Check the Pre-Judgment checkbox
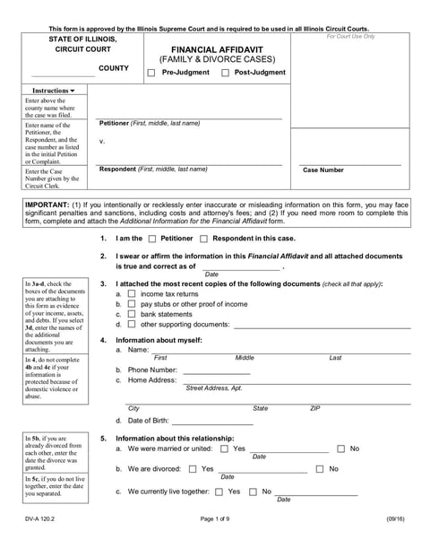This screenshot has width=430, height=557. pyautogui.click(x=151, y=73)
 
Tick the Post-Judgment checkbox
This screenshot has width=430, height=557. pyautogui.click(x=225, y=73)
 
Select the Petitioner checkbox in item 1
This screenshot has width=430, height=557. pyautogui.click(x=151, y=239)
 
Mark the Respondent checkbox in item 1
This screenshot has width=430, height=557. pyautogui.click(x=204, y=239)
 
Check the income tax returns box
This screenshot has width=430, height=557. pyautogui.click(x=132, y=294)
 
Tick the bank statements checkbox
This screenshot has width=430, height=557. pyautogui.click(x=132, y=314)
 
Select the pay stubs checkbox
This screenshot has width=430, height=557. pyautogui.click(x=132, y=304)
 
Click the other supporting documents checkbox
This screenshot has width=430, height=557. pyautogui.click(x=132, y=324)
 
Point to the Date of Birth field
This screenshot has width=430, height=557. pyautogui.click(x=213, y=421)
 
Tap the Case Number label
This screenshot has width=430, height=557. pyautogui.click(x=323, y=170)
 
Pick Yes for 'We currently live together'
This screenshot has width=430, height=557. pyautogui.click(x=219, y=492)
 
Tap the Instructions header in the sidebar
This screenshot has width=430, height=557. pyautogui.click(x=54, y=91)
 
